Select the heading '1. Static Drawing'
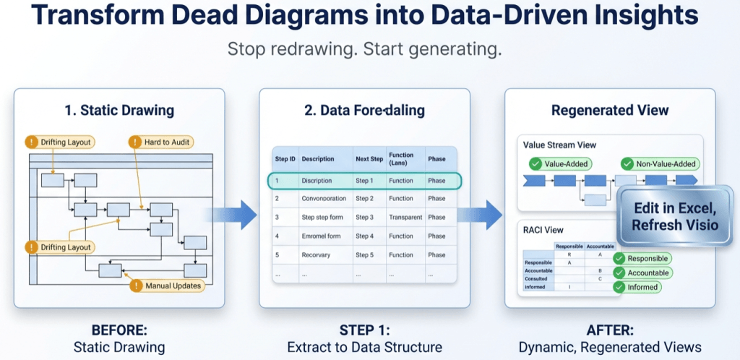pos(119,111)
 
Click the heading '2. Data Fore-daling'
pos(364,111)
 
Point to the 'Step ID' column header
pos(285,158)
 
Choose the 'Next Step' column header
pos(368,158)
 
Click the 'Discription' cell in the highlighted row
pos(317,181)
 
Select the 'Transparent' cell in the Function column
pos(405,217)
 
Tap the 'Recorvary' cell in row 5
pos(317,254)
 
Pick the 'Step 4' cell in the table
pos(364,236)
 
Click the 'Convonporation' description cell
pos(324,198)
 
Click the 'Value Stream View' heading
pos(559,145)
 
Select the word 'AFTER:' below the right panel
pos(610,330)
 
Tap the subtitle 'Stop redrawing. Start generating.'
pos(364,50)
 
